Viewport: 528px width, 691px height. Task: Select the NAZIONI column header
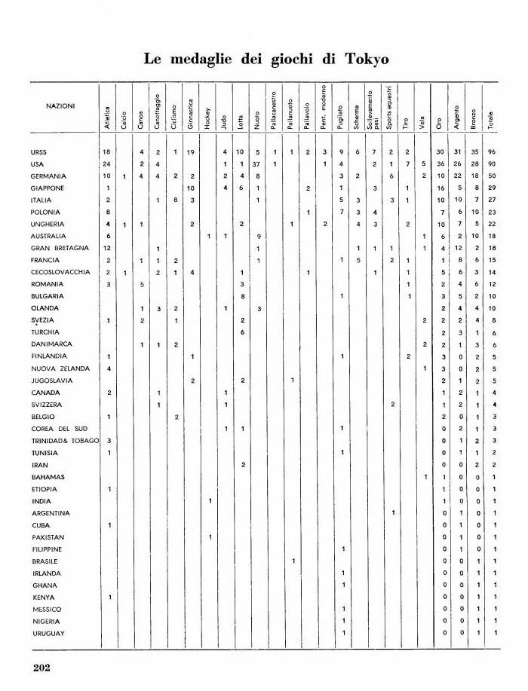pos(60,106)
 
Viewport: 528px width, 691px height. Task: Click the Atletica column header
pos(107,117)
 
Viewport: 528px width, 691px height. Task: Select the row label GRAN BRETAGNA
pos(60,248)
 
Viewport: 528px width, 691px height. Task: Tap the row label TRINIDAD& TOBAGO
pos(66,440)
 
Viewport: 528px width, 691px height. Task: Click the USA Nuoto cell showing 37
pos(256,164)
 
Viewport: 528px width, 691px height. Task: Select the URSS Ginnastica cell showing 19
pos(192,151)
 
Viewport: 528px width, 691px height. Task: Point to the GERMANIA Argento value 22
pos(459,176)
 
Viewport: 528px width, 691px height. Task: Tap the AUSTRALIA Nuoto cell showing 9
pos(258,236)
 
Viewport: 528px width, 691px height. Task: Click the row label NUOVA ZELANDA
pos(60,368)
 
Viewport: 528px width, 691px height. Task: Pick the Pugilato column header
pos(341,116)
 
